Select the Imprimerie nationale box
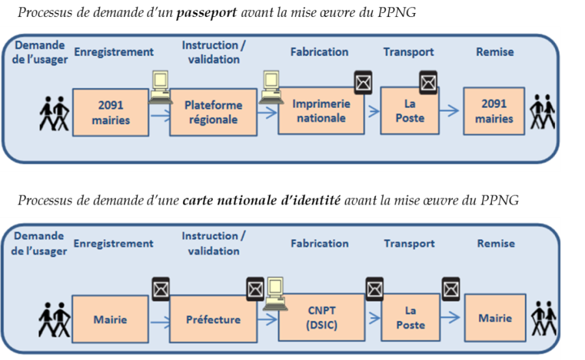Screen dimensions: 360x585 pyautogui.click(x=320, y=111)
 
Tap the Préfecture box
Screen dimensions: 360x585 pyautogui.click(x=213, y=320)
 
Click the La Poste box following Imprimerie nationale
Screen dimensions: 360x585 pyautogui.click(x=410, y=111)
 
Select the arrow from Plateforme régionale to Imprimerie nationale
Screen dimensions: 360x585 pyautogui.click(x=266, y=112)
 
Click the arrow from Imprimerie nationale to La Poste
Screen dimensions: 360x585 pyautogui.click(x=373, y=111)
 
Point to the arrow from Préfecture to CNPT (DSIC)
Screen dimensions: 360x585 pyautogui.click(x=266, y=319)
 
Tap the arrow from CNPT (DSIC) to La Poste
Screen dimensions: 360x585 pyautogui.click(x=373, y=318)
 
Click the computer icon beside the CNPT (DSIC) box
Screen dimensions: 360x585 pyautogui.click(x=275, y=292)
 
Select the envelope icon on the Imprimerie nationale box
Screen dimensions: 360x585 pyautogui.click(x=362, y=82)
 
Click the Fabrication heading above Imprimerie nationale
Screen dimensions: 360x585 pyautogui.click(x=320, y=52)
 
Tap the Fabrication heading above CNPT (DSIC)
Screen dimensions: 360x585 pyautogui.click(x=320, y=243)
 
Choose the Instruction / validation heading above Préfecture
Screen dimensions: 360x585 pyautogui.click(x=214, y=243)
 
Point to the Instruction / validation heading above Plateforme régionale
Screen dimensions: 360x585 pyautogui.click(x=214, y=52)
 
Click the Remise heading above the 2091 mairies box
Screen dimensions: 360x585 pyautogui.click(x=496, y=52)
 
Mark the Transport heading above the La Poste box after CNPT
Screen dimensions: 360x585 pyautogui.click(x=409, y=243)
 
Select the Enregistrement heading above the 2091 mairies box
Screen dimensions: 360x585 pyautogui.click(x=114, y=52)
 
